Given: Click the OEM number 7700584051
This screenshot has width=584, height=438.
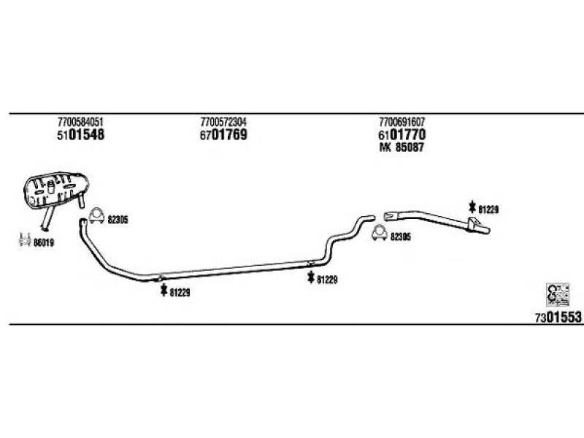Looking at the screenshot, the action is click(x=80, y=122).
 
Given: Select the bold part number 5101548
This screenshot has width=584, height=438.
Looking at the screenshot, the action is click(x=80, y=135).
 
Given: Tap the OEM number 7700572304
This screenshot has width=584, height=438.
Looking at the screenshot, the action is click(x=223, y=122).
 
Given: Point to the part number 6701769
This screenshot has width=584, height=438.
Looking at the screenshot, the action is click(x=223, y=135).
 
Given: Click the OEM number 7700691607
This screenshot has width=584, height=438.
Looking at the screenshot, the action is click(x=402, y=122).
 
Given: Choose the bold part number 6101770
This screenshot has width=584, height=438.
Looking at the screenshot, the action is click(x=402, y=135).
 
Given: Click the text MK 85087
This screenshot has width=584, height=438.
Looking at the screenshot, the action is click(x=401, y=147).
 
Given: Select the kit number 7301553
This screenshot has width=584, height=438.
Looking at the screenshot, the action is click(x=558, y=318).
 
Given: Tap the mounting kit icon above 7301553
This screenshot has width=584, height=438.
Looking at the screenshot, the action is click(x=558, y=294).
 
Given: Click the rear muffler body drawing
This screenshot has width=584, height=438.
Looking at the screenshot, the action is click(x=56, y=189).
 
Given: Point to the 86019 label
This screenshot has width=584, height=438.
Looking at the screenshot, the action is click(x=44, y=243).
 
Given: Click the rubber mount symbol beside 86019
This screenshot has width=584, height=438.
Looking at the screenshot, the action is click(x=25, y=239).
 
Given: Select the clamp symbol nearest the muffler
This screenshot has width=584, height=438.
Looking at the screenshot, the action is click(x=97, y=215).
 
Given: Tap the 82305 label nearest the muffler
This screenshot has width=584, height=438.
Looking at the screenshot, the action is click(x=118, y=220).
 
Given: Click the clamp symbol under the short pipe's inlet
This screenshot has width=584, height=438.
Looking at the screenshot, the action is click(x=380, y=233).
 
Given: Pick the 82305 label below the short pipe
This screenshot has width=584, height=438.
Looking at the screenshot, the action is click(x=401, y=237).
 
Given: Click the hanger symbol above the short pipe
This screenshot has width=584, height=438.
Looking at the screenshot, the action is click(x=472, y=207).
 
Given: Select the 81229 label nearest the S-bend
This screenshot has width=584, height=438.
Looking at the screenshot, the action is click(x=327, y=280).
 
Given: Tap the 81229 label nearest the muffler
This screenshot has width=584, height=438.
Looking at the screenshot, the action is click(x=180, y=293).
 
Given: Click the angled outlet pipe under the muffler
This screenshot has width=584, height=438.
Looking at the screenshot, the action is click(x=47, y=218).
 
